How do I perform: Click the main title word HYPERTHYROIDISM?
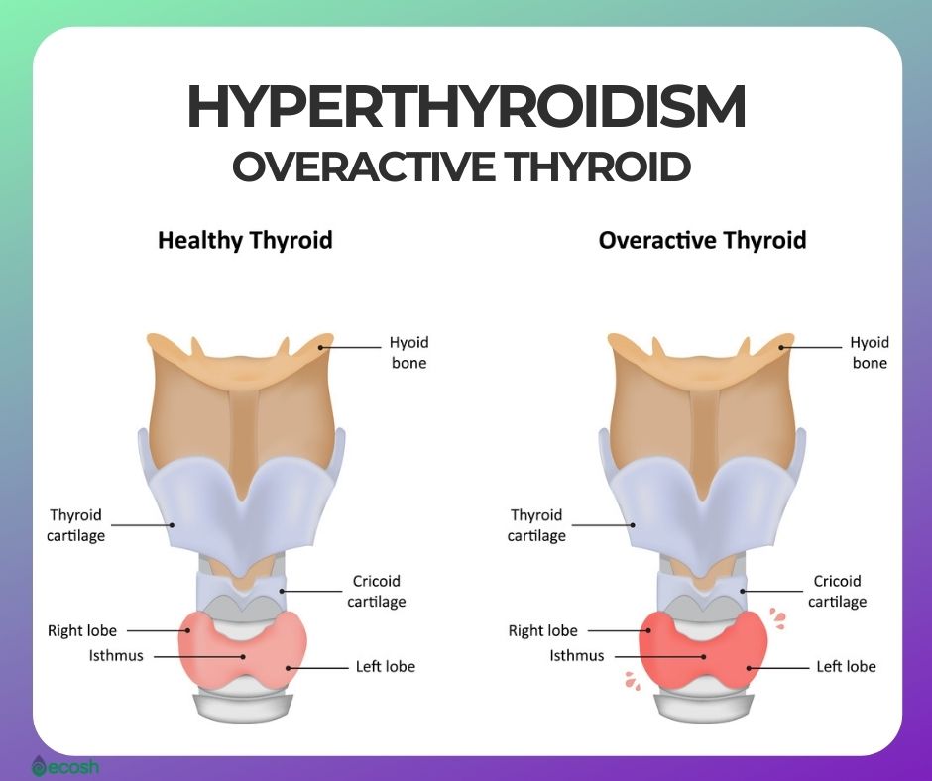(466, 107)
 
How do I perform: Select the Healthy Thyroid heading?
(245, 241)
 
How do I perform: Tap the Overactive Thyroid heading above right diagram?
(702, 241)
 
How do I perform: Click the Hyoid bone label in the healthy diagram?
(408, 353)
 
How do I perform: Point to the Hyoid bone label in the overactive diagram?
(870, 353)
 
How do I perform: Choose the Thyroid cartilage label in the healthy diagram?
(75, 525)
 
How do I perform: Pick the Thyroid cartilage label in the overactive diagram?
(536, 525)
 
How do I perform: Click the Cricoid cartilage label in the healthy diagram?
(376, 591)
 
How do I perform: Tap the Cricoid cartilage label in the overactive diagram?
(837, 591)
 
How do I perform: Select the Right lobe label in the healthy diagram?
(82, 630)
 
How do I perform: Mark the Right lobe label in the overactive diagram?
(542, 630)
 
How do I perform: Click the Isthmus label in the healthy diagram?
(116, 655)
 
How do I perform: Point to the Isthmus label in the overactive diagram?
(577, 655)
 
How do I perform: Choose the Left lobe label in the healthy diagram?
(385, 666)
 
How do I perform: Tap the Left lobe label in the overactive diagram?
(846, 666)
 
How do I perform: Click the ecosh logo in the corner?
(64, 766)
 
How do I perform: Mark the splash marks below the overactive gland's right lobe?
(632, 681)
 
